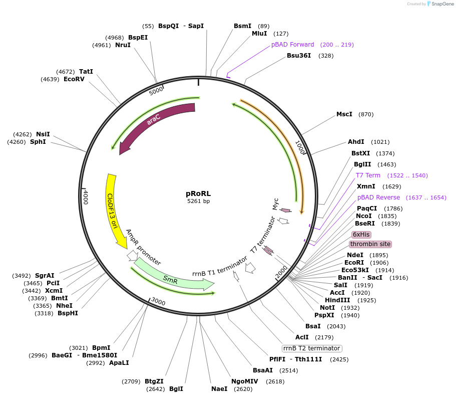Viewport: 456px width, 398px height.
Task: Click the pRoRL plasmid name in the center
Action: pos(198,193)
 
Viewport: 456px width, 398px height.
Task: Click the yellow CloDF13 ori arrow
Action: pos(114,211)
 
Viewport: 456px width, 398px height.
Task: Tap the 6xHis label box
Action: pos(361,234)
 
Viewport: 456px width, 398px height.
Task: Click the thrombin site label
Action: pos(370,244)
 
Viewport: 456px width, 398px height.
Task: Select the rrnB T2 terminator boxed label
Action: pos(311,348)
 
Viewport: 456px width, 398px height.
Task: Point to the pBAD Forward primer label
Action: pos(293,45)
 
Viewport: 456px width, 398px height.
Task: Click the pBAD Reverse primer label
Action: pos(378,197)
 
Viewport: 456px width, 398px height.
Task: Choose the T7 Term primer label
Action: pos(368,175)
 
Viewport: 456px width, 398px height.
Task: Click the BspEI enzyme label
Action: pos(138,38)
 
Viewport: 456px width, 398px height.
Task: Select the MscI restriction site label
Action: pos(344,114)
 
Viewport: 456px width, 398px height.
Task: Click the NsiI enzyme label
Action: pos(43,134)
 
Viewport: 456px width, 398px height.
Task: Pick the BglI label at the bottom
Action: pos(176,389)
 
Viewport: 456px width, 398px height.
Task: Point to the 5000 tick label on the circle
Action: pos(156,91)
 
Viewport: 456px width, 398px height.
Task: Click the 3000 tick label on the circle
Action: pos(158,301)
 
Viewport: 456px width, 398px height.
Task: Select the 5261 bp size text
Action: pos(198,201)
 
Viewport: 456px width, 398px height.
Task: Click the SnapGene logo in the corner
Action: pos(439,4)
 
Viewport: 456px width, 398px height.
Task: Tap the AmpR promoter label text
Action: pos(143,247)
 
